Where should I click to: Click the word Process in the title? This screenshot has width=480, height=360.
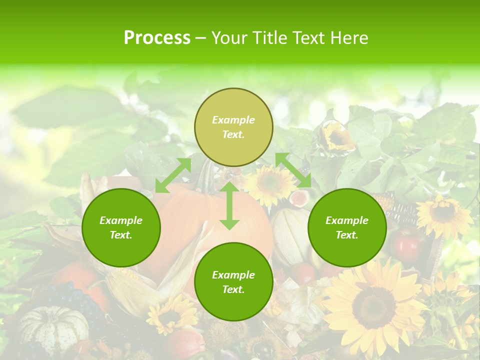[157, 38]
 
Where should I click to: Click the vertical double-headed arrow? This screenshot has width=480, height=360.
[229, 205]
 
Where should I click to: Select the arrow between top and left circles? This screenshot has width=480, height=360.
[173, 175]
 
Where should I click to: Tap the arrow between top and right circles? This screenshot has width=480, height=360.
[293, 170]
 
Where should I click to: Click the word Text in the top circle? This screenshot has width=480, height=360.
[233, 134]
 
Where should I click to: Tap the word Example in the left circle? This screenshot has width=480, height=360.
[121, 220]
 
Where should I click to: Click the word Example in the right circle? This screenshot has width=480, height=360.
[347, 220]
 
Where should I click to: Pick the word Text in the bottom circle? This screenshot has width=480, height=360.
[233, 289]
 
